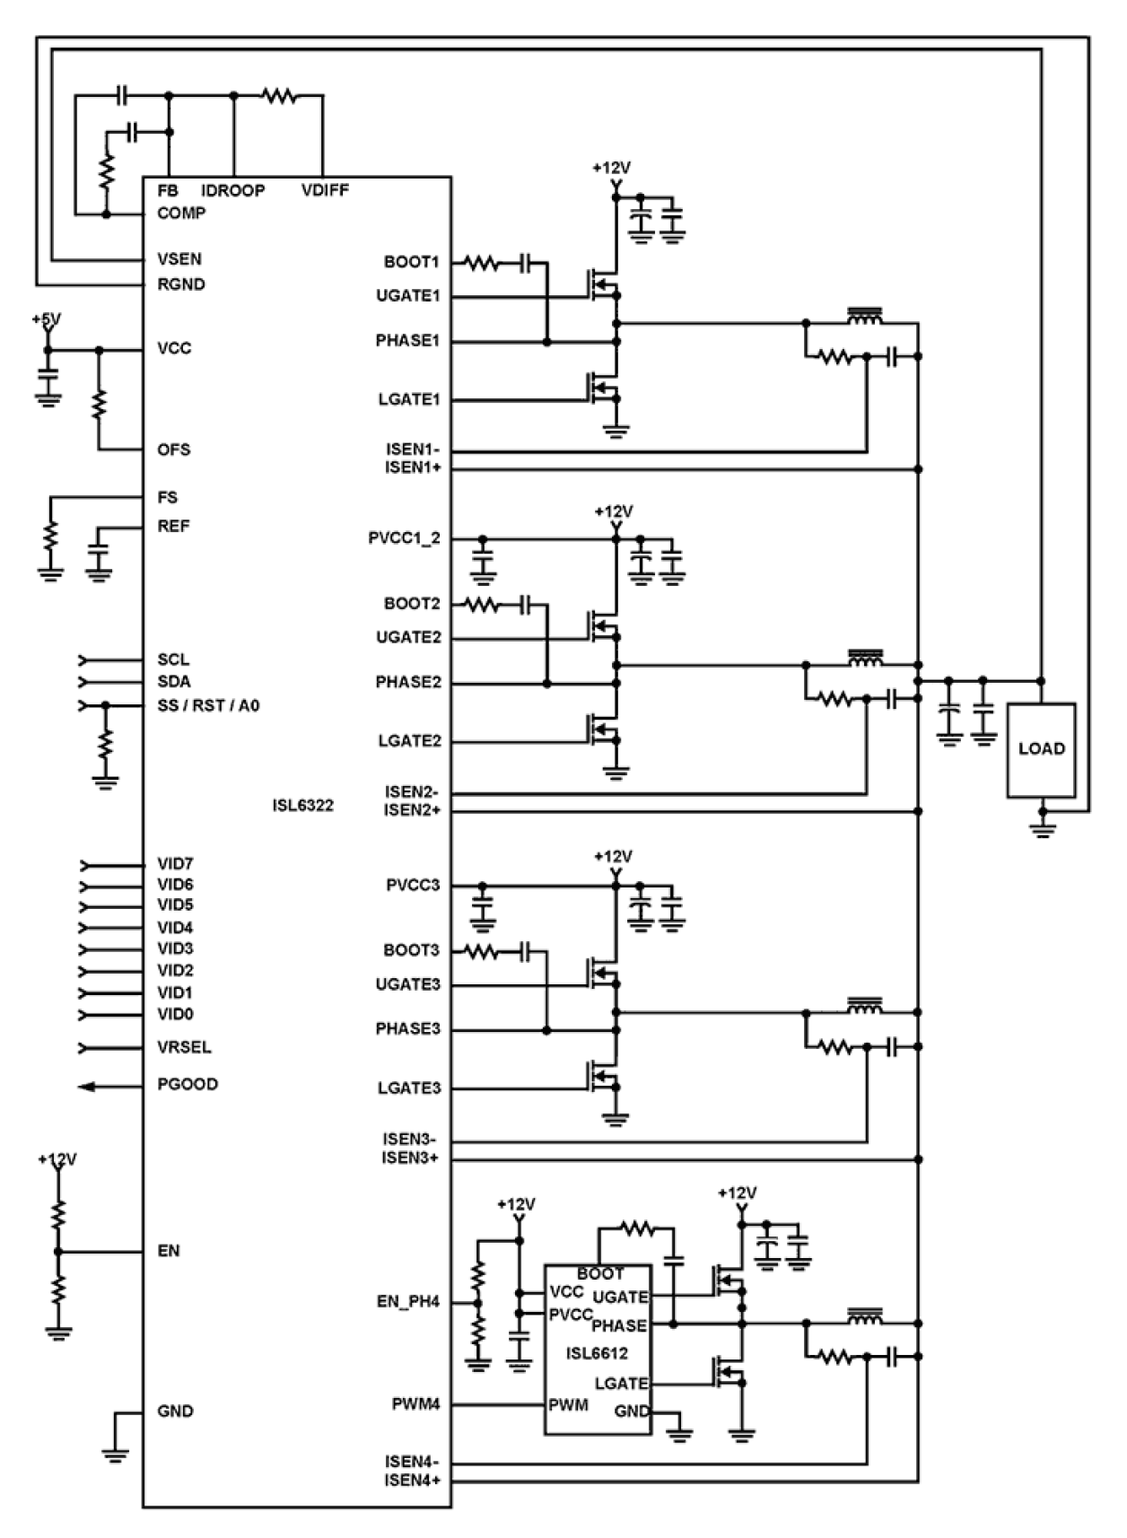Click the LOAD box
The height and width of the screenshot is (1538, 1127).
[x=1041, y=749]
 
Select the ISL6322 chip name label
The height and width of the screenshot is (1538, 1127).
[x=302, y=805]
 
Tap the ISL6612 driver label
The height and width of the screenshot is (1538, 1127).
[x=597, y=1353]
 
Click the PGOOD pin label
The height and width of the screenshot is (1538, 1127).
[x=188, y=1084]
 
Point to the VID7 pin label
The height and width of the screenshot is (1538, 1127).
[x=175, y=864]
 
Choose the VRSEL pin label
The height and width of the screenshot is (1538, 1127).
[x=184, y=1047]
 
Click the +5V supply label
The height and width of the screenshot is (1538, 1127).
[x=46, y=319]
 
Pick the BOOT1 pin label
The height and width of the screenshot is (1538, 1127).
[x=411, y=262]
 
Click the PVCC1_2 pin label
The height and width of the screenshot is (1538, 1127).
[x=404, y=538]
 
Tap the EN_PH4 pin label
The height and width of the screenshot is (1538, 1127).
[x=408, y=1302]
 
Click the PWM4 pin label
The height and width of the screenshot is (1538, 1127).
[x=415, y=1404]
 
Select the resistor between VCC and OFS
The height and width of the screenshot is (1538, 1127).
[x=99, y=403]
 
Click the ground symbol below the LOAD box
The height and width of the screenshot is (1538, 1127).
[x=1042, y=824]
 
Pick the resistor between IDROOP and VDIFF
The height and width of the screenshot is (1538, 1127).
[x=279, y=95]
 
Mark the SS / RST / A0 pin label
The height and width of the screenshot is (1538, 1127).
[x=208, y=705]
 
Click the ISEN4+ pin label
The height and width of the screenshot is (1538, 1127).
[x=413, y=1481]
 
